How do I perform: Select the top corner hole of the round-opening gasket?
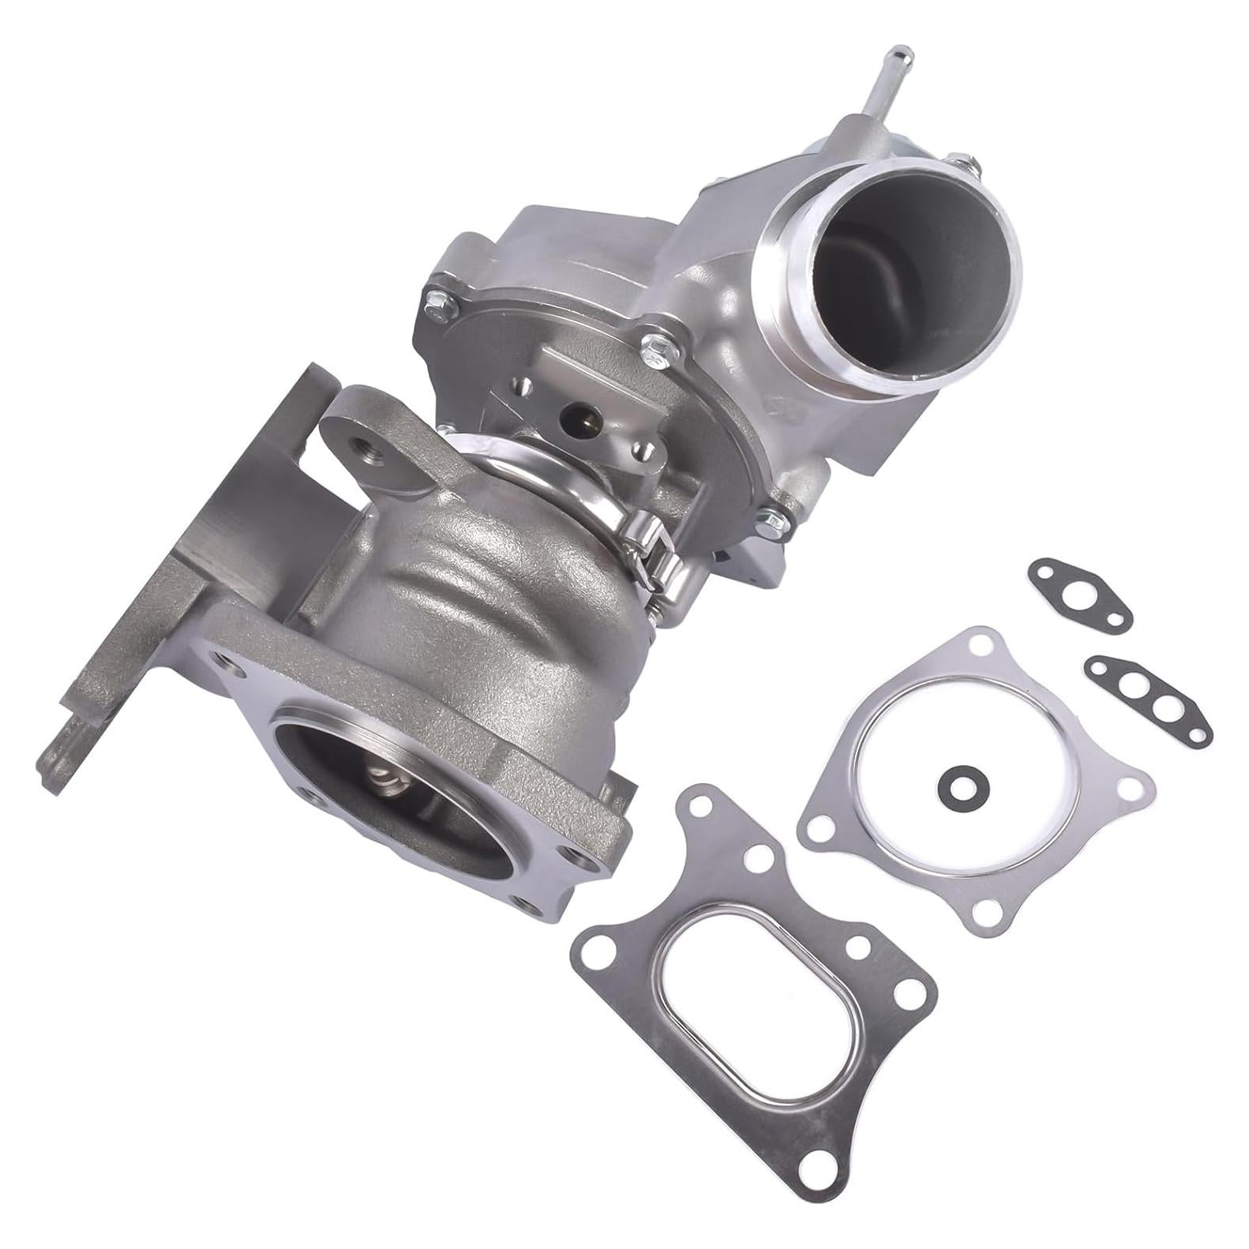pos(981,639)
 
